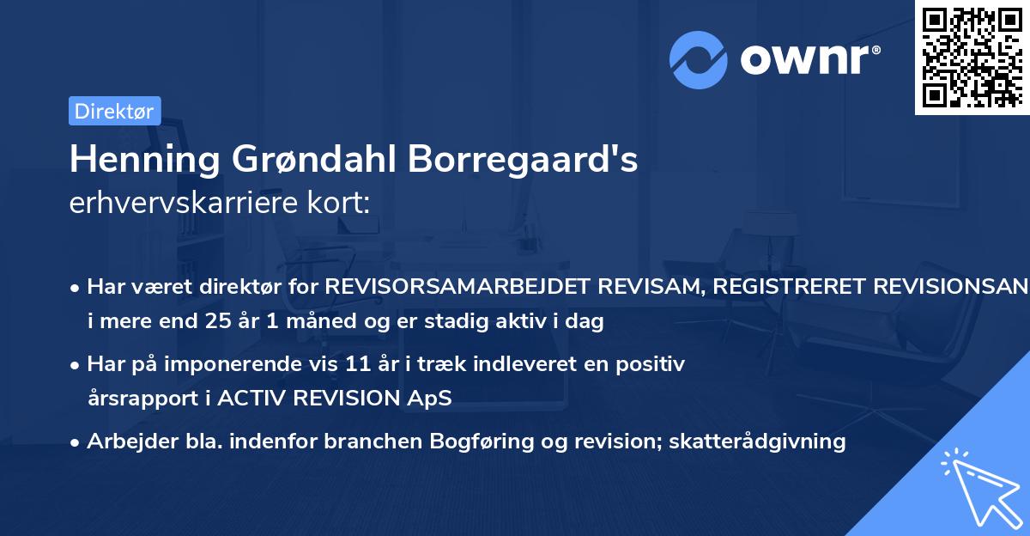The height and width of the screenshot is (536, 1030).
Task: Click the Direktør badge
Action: (x=114, y=111)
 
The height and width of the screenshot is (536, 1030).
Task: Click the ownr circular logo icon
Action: (x=699, y=58)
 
